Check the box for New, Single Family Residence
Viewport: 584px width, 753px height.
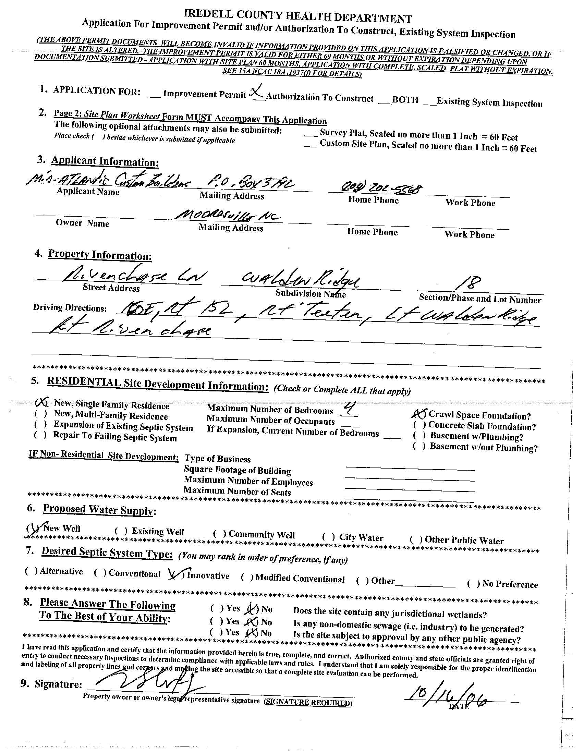tap(40, 402)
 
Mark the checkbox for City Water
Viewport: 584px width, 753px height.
tap(328, 537)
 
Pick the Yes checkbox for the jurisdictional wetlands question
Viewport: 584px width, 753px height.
tap(216, 608)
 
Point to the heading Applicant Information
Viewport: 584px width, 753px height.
tap(105, 161)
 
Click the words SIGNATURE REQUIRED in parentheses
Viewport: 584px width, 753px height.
tap(308, 703)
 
